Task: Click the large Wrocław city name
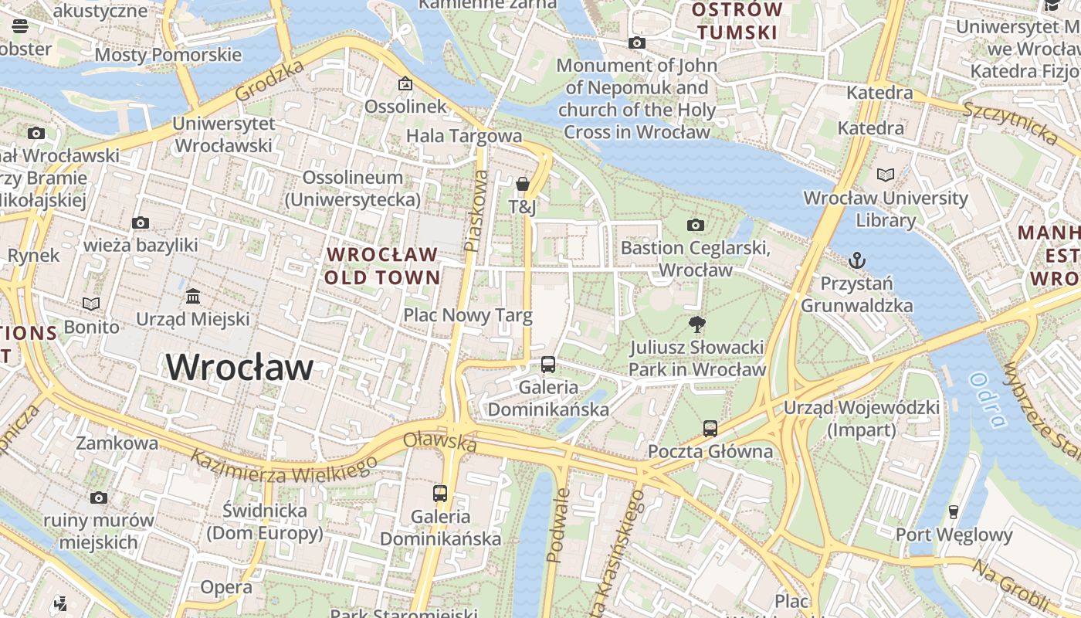click(x=239, y=367)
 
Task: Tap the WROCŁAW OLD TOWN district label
click(x=382, y=266)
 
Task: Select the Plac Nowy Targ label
click(x=468, y=315)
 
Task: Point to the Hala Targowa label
click(x=464, y=136)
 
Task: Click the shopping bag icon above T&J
click(x=523, y=184)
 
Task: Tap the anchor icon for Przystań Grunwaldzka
click(x=856, y=260)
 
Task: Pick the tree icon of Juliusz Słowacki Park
click(x=696, y=324)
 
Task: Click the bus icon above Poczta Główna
click(x=710, y=428)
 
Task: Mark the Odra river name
click(x=987, y=400)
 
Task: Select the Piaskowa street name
click(x=476, y=210)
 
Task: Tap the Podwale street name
click(x=557, y=525)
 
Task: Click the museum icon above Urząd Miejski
click(x=193, y=296)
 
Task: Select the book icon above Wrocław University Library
click(x=885, y=175)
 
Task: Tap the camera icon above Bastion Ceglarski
click(x=695, y=225)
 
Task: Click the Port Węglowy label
click(x=954, y=535)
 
